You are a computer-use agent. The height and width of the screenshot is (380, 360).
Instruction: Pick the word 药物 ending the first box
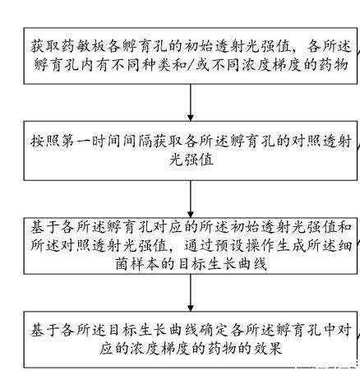[x=334, y=65]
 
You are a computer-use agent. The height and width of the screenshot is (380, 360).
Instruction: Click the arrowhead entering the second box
[x=191, y=118]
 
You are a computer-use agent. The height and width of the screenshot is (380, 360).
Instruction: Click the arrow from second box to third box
[x=191, y=199]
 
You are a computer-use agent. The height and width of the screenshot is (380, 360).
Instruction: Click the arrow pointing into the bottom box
[x=191, y=293]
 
